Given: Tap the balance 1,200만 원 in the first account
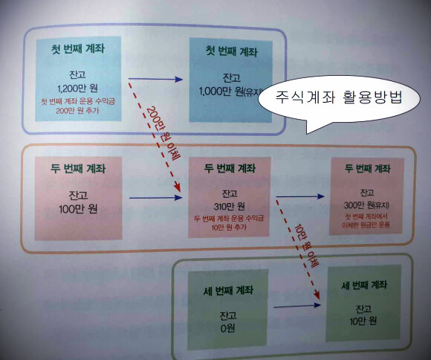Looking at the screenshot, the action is (x=78, y=89).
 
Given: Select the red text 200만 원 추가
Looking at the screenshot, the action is (x=77, y=111).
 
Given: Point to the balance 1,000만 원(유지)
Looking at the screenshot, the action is (x=231, y=91).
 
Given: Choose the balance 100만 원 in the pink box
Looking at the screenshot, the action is (x=78, y=209).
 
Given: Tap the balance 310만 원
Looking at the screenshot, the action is (x=229, y=206).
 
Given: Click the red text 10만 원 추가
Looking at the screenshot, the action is (x=229, y=228).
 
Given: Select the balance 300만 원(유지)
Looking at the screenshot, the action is (x=366, y=205).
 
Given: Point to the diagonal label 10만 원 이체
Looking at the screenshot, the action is (x=307, y=245).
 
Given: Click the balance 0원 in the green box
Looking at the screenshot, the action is (x=227, y=328).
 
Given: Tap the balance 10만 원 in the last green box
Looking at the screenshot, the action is (x=363, y=321).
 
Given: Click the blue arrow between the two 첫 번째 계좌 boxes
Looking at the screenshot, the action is (x=155, y=80).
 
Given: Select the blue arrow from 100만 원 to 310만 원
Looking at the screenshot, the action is (x=156, y=198).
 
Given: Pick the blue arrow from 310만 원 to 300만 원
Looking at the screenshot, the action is (x=300, y=196).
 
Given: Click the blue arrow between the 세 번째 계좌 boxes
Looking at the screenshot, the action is (x=297, y=306).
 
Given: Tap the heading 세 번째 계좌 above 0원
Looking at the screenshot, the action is (x=228, y=291).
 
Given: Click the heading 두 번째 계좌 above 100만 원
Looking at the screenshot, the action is (x=78, y=168).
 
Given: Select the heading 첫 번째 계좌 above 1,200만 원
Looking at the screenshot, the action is (x=78, y=48).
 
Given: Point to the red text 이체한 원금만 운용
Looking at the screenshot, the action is (x=366, y=225).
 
